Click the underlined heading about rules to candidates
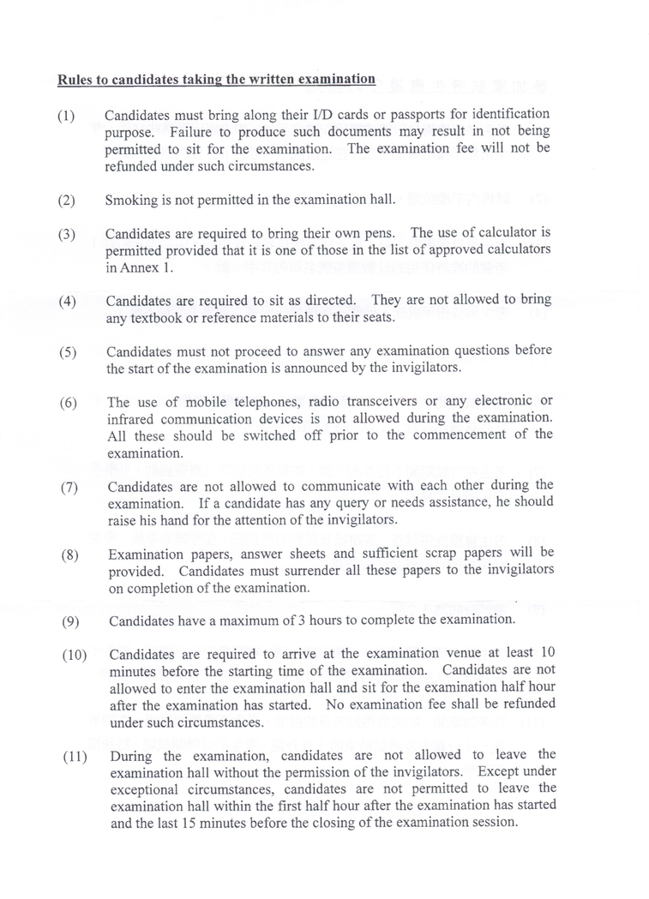216,80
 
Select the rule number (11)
75,757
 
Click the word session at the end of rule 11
494,823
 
